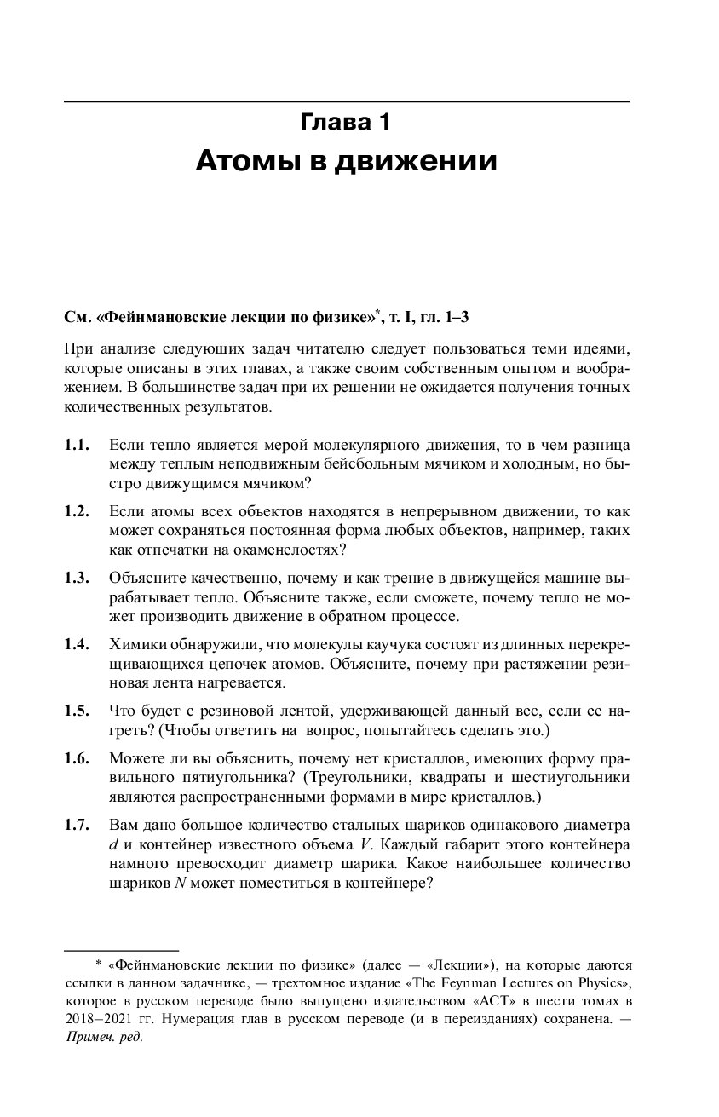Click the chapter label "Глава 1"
pos(346,122)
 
